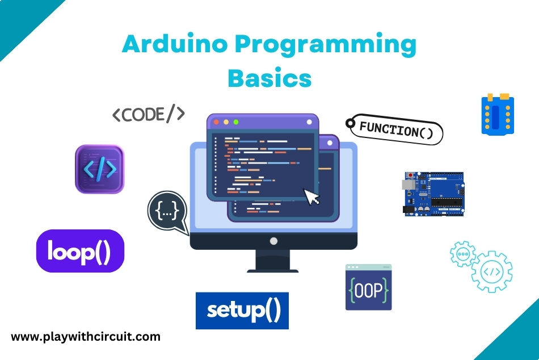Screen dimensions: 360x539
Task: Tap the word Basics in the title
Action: pyautogui.click(x=269, y=78)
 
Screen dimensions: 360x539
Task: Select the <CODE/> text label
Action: pyautogui.click(x=148, y=115)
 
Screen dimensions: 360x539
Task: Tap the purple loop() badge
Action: pyautogui.click(x=80, y=251)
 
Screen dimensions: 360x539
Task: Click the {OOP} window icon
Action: pyautogui.click(x=368, y=287)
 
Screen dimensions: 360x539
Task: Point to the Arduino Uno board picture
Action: pyautogui.click(x=433, y=194)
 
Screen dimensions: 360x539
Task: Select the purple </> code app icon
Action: pyautogui.click(x=99, y=169)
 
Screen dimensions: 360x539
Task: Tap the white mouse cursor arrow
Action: pyautogui.click(x=312, y=196)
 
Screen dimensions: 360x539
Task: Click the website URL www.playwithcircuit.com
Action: pyautogui.click(x=86, y=337)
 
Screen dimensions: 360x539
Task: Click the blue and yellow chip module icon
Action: pyautogui.click(x=498, y=115)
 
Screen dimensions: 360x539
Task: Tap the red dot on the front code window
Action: pyautogui.click(x=216, y=122)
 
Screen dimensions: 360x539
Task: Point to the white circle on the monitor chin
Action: pyautogui.click(x=273, y=241)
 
